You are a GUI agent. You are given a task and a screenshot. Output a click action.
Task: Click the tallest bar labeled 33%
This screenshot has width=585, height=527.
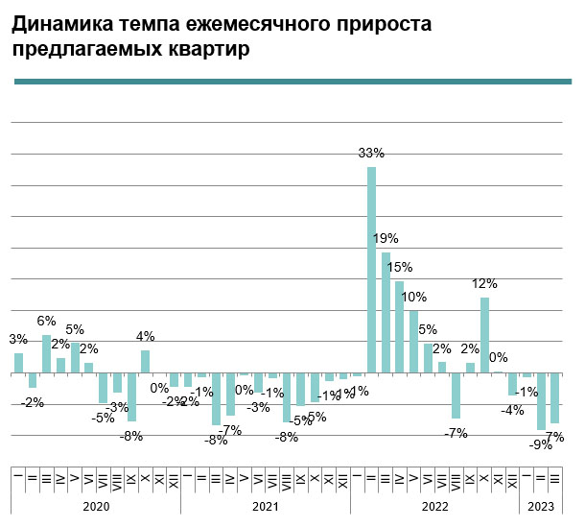[x=371, y=270]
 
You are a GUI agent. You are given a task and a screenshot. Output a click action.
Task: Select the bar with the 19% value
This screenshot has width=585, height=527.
[x=386, y=313]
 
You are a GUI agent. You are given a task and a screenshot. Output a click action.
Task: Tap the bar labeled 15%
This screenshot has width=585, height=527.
[x=400, y=327]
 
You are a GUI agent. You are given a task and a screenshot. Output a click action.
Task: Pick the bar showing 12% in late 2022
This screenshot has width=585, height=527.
[x=485, y=335]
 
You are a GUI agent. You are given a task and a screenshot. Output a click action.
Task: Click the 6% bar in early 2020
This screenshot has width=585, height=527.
[x=46, y=354]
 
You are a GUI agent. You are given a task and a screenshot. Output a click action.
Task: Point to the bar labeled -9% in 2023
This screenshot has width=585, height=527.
[x=541, y=402]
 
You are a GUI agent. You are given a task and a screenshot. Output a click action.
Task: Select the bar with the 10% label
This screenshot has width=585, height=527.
[x=413, y=342]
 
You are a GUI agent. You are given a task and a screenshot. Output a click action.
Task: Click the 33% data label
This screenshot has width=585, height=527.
[x=371, y=153]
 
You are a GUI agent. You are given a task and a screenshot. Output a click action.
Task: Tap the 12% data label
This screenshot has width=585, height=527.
[x=484, y=283]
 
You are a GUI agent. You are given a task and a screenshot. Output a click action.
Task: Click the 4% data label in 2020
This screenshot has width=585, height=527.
[x=145, y=336]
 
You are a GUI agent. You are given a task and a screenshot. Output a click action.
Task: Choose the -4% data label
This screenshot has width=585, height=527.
[x=513, y=410]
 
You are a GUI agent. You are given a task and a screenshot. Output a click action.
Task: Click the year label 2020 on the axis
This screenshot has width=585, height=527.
[x=96, y=506]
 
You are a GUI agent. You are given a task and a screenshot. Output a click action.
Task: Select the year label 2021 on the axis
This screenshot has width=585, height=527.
[x=265, y=506]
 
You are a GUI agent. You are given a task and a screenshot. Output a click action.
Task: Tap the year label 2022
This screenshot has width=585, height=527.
[x=434, y=506]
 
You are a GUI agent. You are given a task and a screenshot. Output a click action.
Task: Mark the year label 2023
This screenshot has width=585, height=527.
[x=541, y=506]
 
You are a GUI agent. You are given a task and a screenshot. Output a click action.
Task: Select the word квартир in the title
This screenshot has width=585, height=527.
[x=209, y=50]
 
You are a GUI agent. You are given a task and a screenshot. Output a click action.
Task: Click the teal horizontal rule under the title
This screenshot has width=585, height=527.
[x=292, y=81]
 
